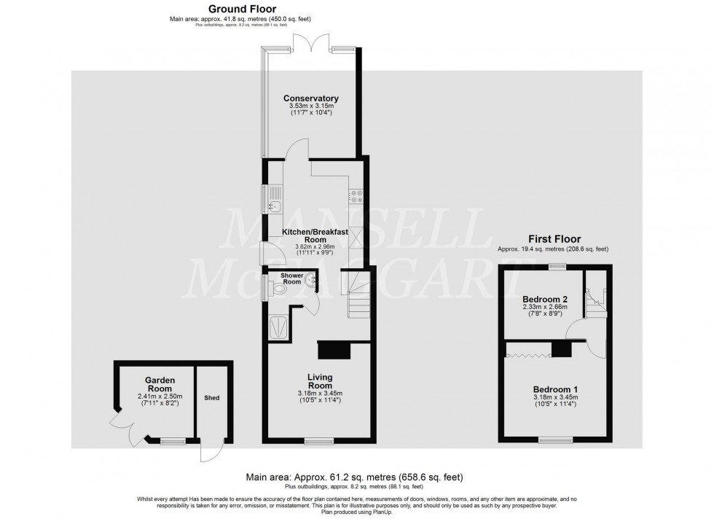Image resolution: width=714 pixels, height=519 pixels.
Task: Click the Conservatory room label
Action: tap(311, 98)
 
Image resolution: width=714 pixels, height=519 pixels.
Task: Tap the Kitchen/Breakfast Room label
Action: tap(315, 235)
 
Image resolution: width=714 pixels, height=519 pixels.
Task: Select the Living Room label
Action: tap(320, 381)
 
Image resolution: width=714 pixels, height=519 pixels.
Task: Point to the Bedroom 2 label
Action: tap(545, 300)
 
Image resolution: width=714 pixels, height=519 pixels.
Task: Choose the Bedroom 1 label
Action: tap(555, 389)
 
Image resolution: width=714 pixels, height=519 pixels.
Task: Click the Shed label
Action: tap(212, 397)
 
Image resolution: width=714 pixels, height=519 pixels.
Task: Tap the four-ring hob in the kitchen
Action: tap(357, 196)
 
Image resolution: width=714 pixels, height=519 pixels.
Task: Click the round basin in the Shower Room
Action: tap(312, 279)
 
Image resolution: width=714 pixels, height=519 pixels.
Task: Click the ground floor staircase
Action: tap(358, 294)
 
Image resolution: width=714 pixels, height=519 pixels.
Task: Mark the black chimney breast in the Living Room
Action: tap(334, 349)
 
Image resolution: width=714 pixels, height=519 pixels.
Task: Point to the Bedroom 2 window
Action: tap(556, 268)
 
